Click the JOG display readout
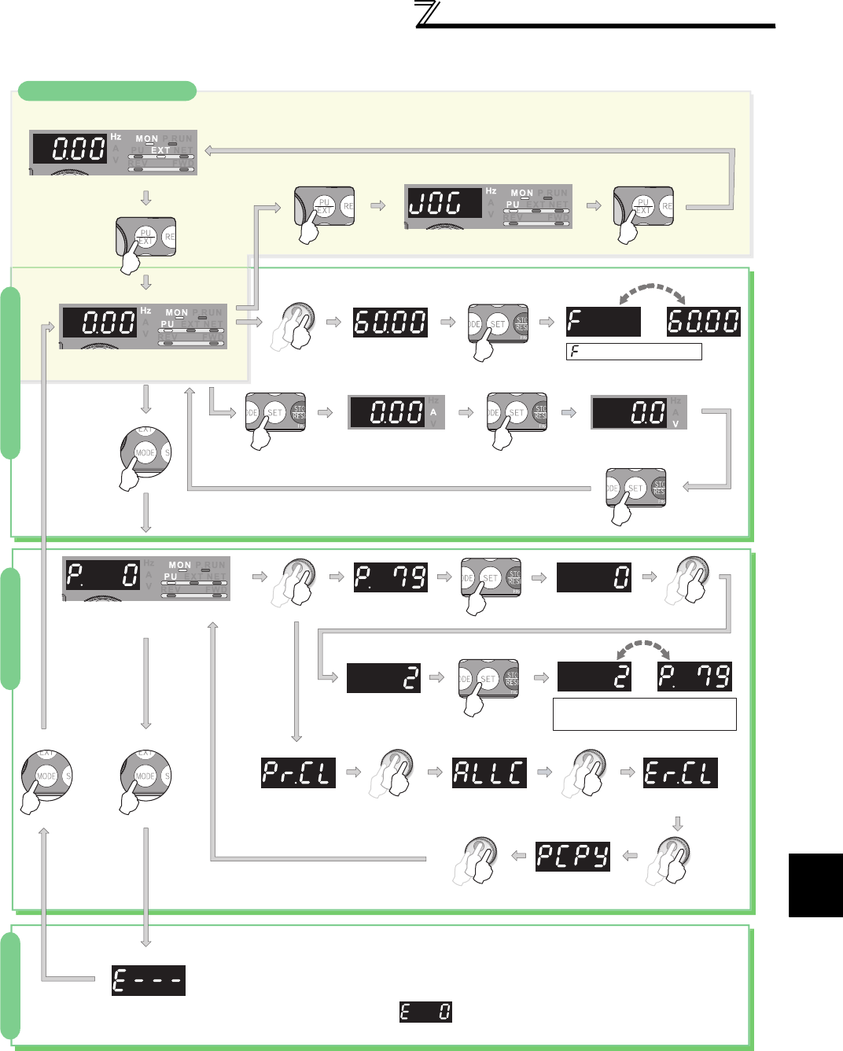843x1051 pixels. pyautogui.click(x=444, y=203)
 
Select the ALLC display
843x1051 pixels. pyautogui.click(x=489, y=773)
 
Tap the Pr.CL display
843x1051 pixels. pyautogui.click(x=298, y=773)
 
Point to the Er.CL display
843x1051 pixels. pyautogui.click(x=680, y=773)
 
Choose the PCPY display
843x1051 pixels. pyautogui.click(x=573, y=856)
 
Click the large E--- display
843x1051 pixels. pyautogui.click(x=149, y=980)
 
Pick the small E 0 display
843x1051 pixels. pyautogui.click(x=425, y=1012)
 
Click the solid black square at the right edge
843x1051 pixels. pyautogui.click(x=815, y=885)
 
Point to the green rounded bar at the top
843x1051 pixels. pyautogui.click(x=107, y=90)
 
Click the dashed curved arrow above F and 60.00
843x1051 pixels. pyautogui.click(x=652, y=293)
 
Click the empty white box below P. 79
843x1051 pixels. pyautogui.click(x=645, y=714)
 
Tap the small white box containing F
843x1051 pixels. pyautogui.click(x=634, y=352)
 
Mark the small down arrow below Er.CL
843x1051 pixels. pyautogui.click(x=678, y=824)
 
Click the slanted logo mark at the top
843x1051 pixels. pyautogui.click(x=429, y=14)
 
